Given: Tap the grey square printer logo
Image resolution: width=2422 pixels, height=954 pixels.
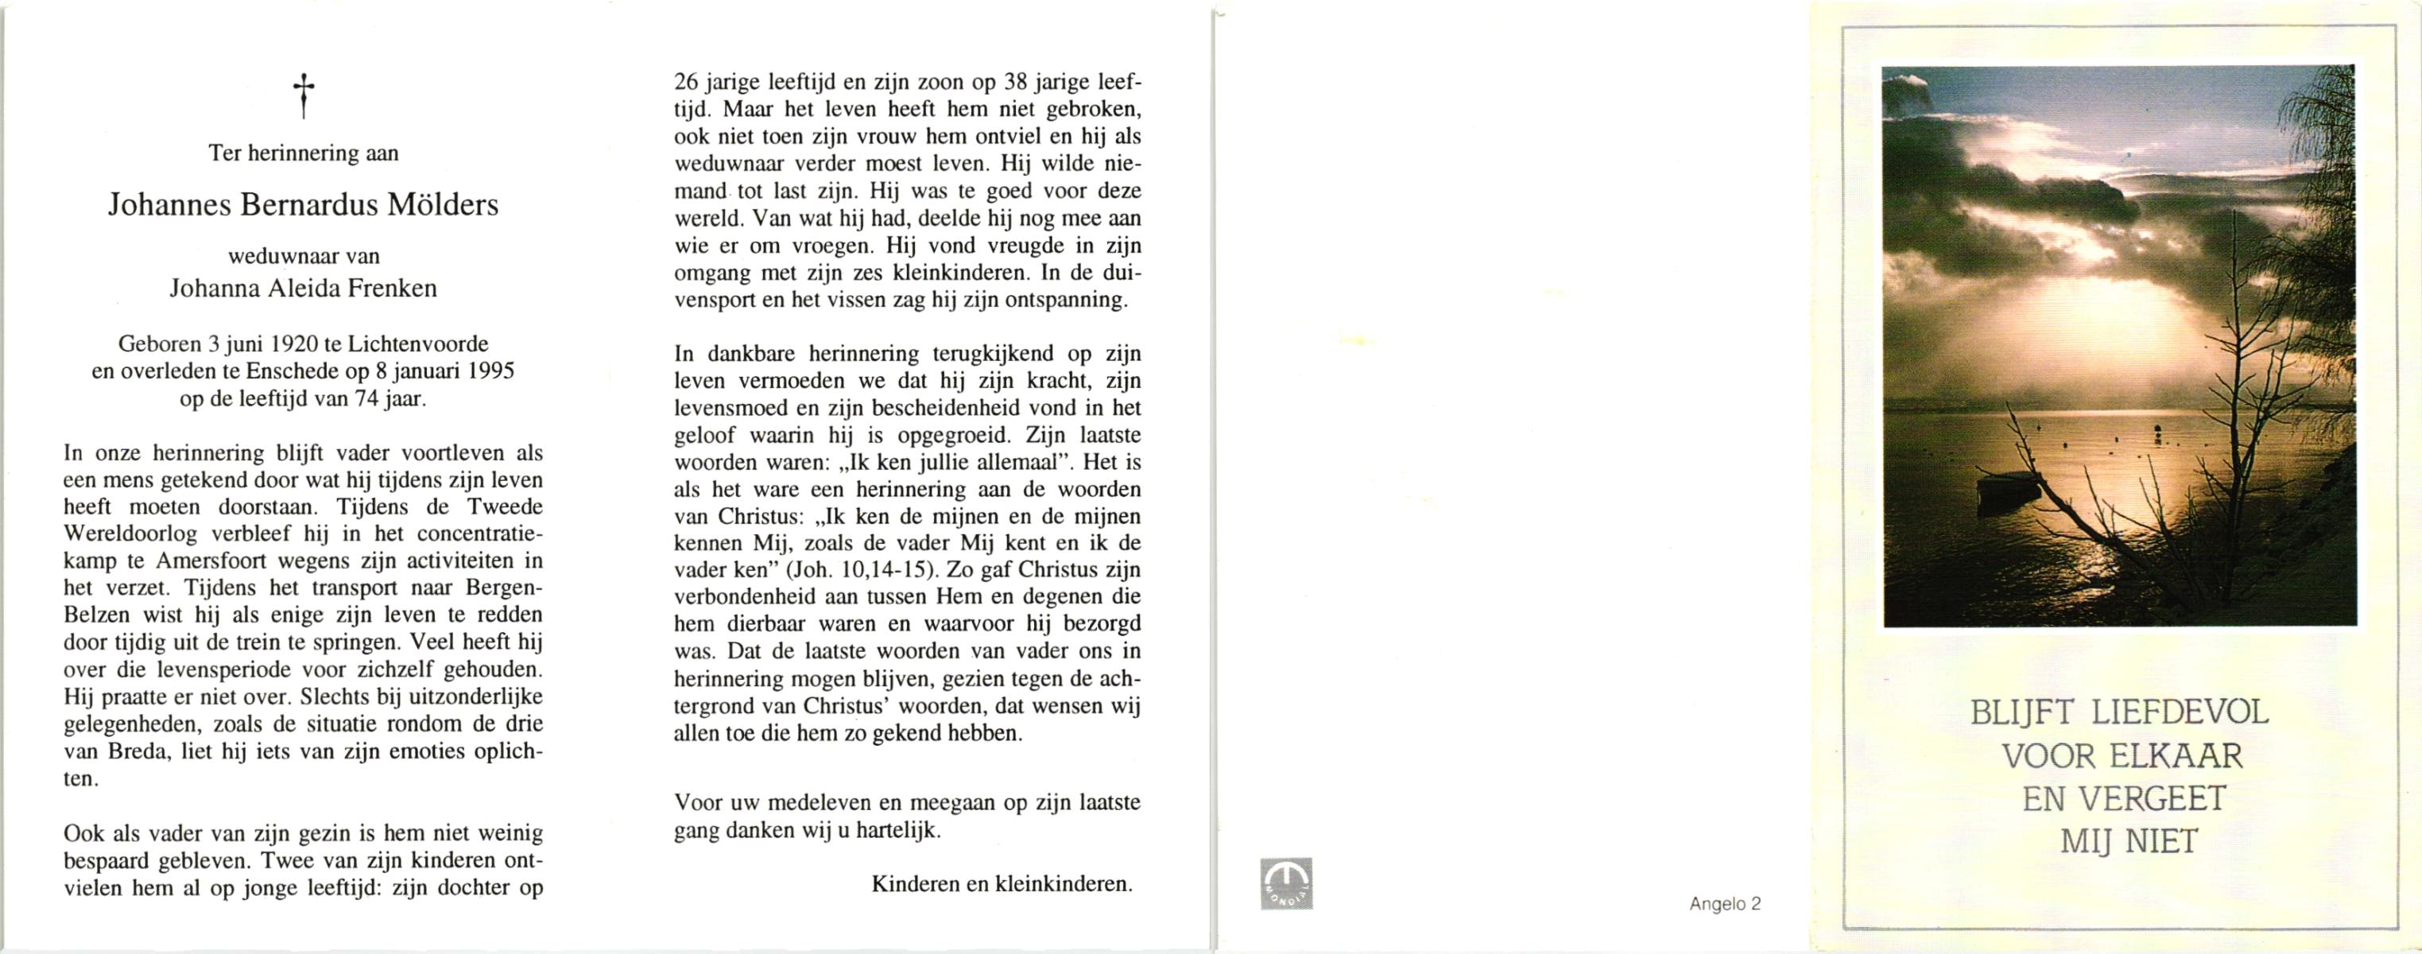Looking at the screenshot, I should pos(1286,883).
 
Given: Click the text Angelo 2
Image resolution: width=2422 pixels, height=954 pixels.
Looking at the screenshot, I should pos(1724,904).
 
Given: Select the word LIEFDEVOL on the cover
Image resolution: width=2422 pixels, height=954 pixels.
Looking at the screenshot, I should pos(2180,712).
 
